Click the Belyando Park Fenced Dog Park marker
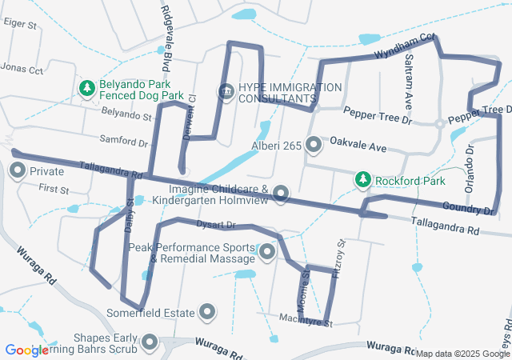(87, 88)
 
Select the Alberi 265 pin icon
(314, 145)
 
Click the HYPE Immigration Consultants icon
(226, 92)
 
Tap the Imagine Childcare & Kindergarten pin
(281, 193)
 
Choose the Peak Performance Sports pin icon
(267, 253)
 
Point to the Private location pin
(17, 171)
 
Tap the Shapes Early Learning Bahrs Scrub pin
(150, 343)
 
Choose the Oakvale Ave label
(358, 148)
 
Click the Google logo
(28, 350)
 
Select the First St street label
(54, 191)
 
